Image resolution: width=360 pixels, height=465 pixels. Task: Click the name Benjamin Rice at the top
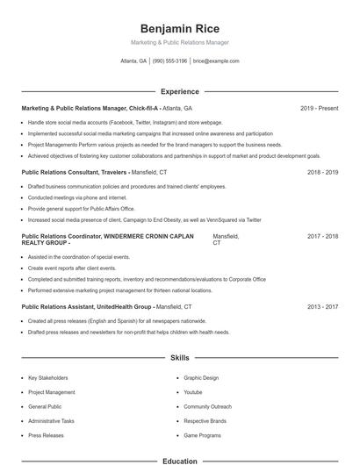coord(179,29)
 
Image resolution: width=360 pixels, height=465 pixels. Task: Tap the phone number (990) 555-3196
coord(169,61)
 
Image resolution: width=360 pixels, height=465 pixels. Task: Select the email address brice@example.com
coord(216,61)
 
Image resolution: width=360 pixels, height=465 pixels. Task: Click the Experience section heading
coord(179,91)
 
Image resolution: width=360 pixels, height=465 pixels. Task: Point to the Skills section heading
coord(179,358)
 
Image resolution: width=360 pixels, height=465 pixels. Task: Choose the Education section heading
coord(179,460)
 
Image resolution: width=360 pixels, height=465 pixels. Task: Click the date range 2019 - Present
coord(319,108)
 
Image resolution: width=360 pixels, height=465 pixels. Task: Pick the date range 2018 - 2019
coord(323,172)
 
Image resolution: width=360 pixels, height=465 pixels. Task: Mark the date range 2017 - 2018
coord(323,236)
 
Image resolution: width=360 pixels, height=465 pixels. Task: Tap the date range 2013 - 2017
coord(323,307)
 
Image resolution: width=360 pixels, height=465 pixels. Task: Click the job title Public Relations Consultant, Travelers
coord(75,172)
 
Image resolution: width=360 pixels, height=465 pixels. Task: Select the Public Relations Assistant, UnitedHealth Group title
coord(87,307)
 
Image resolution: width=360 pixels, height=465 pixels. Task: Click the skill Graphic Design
coord(201,378)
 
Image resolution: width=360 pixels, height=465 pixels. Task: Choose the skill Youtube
coord(193,392)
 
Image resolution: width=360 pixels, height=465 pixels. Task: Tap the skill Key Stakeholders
coord(47,378)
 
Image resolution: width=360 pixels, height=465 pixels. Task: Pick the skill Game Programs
coord(201,435)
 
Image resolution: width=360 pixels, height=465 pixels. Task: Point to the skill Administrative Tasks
coord(51,421)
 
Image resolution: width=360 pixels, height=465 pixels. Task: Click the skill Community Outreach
coord(207,407)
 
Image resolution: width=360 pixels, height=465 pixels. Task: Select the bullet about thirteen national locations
coord(119,290)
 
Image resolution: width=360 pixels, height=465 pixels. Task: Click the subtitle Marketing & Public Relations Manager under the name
coord(179,42)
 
